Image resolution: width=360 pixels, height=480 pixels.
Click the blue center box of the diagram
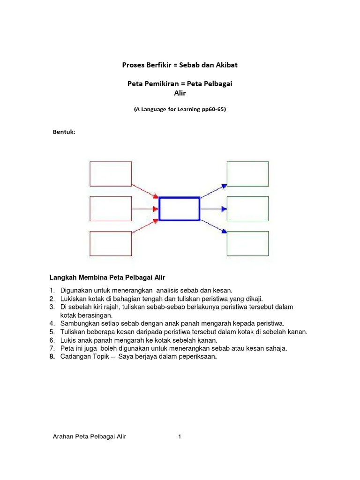point(180,209)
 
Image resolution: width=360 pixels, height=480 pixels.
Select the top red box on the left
point(111,174)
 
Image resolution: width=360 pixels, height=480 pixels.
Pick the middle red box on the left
point(111,209)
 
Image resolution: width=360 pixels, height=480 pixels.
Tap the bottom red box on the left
point(111,243)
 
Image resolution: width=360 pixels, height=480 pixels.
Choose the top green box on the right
point(247,174)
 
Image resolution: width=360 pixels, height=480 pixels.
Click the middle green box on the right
point(247,209)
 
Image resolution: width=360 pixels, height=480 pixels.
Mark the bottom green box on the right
point(247,243)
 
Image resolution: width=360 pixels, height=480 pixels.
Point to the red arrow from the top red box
point(145,190)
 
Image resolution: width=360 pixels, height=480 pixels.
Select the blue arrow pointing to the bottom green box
point(214,226)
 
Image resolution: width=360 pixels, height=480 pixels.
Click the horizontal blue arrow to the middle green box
point(213,209)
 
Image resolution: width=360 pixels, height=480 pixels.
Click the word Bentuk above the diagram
point(63,132)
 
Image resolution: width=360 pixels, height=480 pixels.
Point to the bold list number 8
point(52,357)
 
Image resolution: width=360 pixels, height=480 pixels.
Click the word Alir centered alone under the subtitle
point(180,93)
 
